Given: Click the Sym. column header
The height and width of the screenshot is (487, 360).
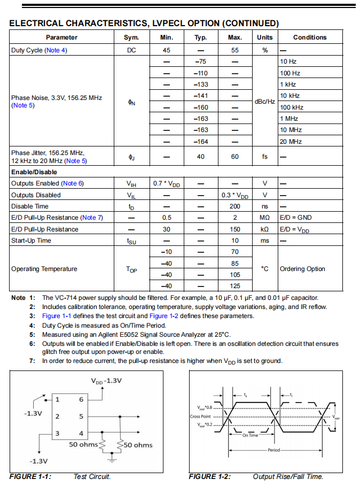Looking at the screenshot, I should (131, 37).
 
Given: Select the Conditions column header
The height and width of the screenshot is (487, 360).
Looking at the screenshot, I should (309, 37).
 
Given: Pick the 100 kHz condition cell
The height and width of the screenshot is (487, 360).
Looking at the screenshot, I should (291, 107).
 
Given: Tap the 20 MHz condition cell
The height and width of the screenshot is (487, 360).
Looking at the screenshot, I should (291, 142).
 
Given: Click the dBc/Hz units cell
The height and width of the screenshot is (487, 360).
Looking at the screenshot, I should (264, 102).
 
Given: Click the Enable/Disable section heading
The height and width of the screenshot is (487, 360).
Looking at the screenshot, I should (34, 172).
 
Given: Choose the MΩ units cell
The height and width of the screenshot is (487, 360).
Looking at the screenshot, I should (264, 218).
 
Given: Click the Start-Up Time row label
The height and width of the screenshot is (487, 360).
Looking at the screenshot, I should (31, 241).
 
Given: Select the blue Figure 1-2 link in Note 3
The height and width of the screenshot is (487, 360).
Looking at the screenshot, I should (163, 316).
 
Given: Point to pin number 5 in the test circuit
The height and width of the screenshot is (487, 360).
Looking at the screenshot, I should (81, 416).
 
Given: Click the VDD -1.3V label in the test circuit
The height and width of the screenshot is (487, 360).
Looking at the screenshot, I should (106, 381).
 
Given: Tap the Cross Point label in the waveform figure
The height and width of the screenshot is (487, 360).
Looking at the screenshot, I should (200, 416).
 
